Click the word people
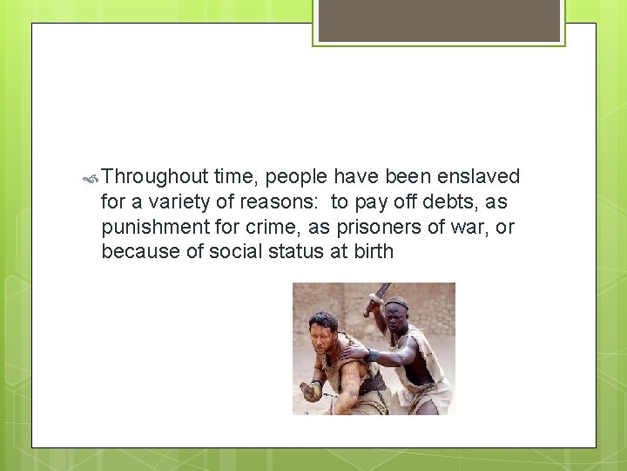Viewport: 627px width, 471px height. (296, 178)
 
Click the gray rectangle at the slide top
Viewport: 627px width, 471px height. (439, 19)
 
